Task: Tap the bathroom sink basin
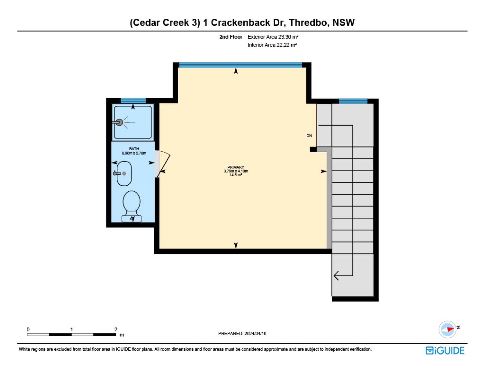click(x=124, y=174)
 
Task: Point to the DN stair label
click(x=309, y=136)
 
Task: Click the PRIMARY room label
click(x=236, y=167)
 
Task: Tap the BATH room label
click(x=134, y=149)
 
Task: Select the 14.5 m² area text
click(x=236, y=175)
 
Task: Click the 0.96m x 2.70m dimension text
click(x=134, y=153)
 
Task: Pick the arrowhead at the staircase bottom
click(x=336, y=275)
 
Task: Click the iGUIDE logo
click(x=445, y=351)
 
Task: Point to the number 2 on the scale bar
click(x=116, y=329)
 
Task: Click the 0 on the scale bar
click(x=28, y=329)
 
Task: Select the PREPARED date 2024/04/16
click(x=255, y=333)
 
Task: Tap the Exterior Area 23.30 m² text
click(x=273, y=37)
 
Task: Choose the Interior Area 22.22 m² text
click(x=272, y=45)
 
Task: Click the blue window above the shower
click(x=133, y=101)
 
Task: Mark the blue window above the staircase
click(x=353, y=101)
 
